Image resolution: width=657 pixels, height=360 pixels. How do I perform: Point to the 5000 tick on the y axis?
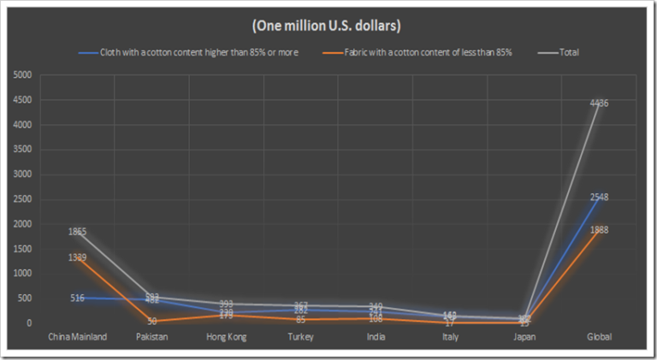[23, 75]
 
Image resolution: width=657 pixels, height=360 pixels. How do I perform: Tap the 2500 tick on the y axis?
[23, 199]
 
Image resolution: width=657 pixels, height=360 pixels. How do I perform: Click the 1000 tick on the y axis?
[23, 274]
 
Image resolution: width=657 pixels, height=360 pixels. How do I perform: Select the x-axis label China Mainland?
[78, 337]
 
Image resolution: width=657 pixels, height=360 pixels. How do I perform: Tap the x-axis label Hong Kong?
[227, 337]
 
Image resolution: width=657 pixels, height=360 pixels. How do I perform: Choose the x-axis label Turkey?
[301, 337]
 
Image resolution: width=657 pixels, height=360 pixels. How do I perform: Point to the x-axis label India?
[376, 337]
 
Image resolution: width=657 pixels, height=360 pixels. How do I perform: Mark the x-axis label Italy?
[450, 337]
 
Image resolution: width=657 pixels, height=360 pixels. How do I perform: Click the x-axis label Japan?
[524, 337]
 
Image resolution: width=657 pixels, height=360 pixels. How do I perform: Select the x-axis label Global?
[599, 337]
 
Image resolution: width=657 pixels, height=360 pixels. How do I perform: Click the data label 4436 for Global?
[599, 103]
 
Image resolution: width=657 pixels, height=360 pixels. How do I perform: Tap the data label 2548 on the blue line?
[599, 198]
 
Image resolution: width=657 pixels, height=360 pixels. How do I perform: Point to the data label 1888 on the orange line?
[599, 230]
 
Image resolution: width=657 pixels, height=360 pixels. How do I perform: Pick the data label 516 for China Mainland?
[78, 298]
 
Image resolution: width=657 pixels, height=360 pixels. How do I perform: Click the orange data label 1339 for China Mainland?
[78, 257]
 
